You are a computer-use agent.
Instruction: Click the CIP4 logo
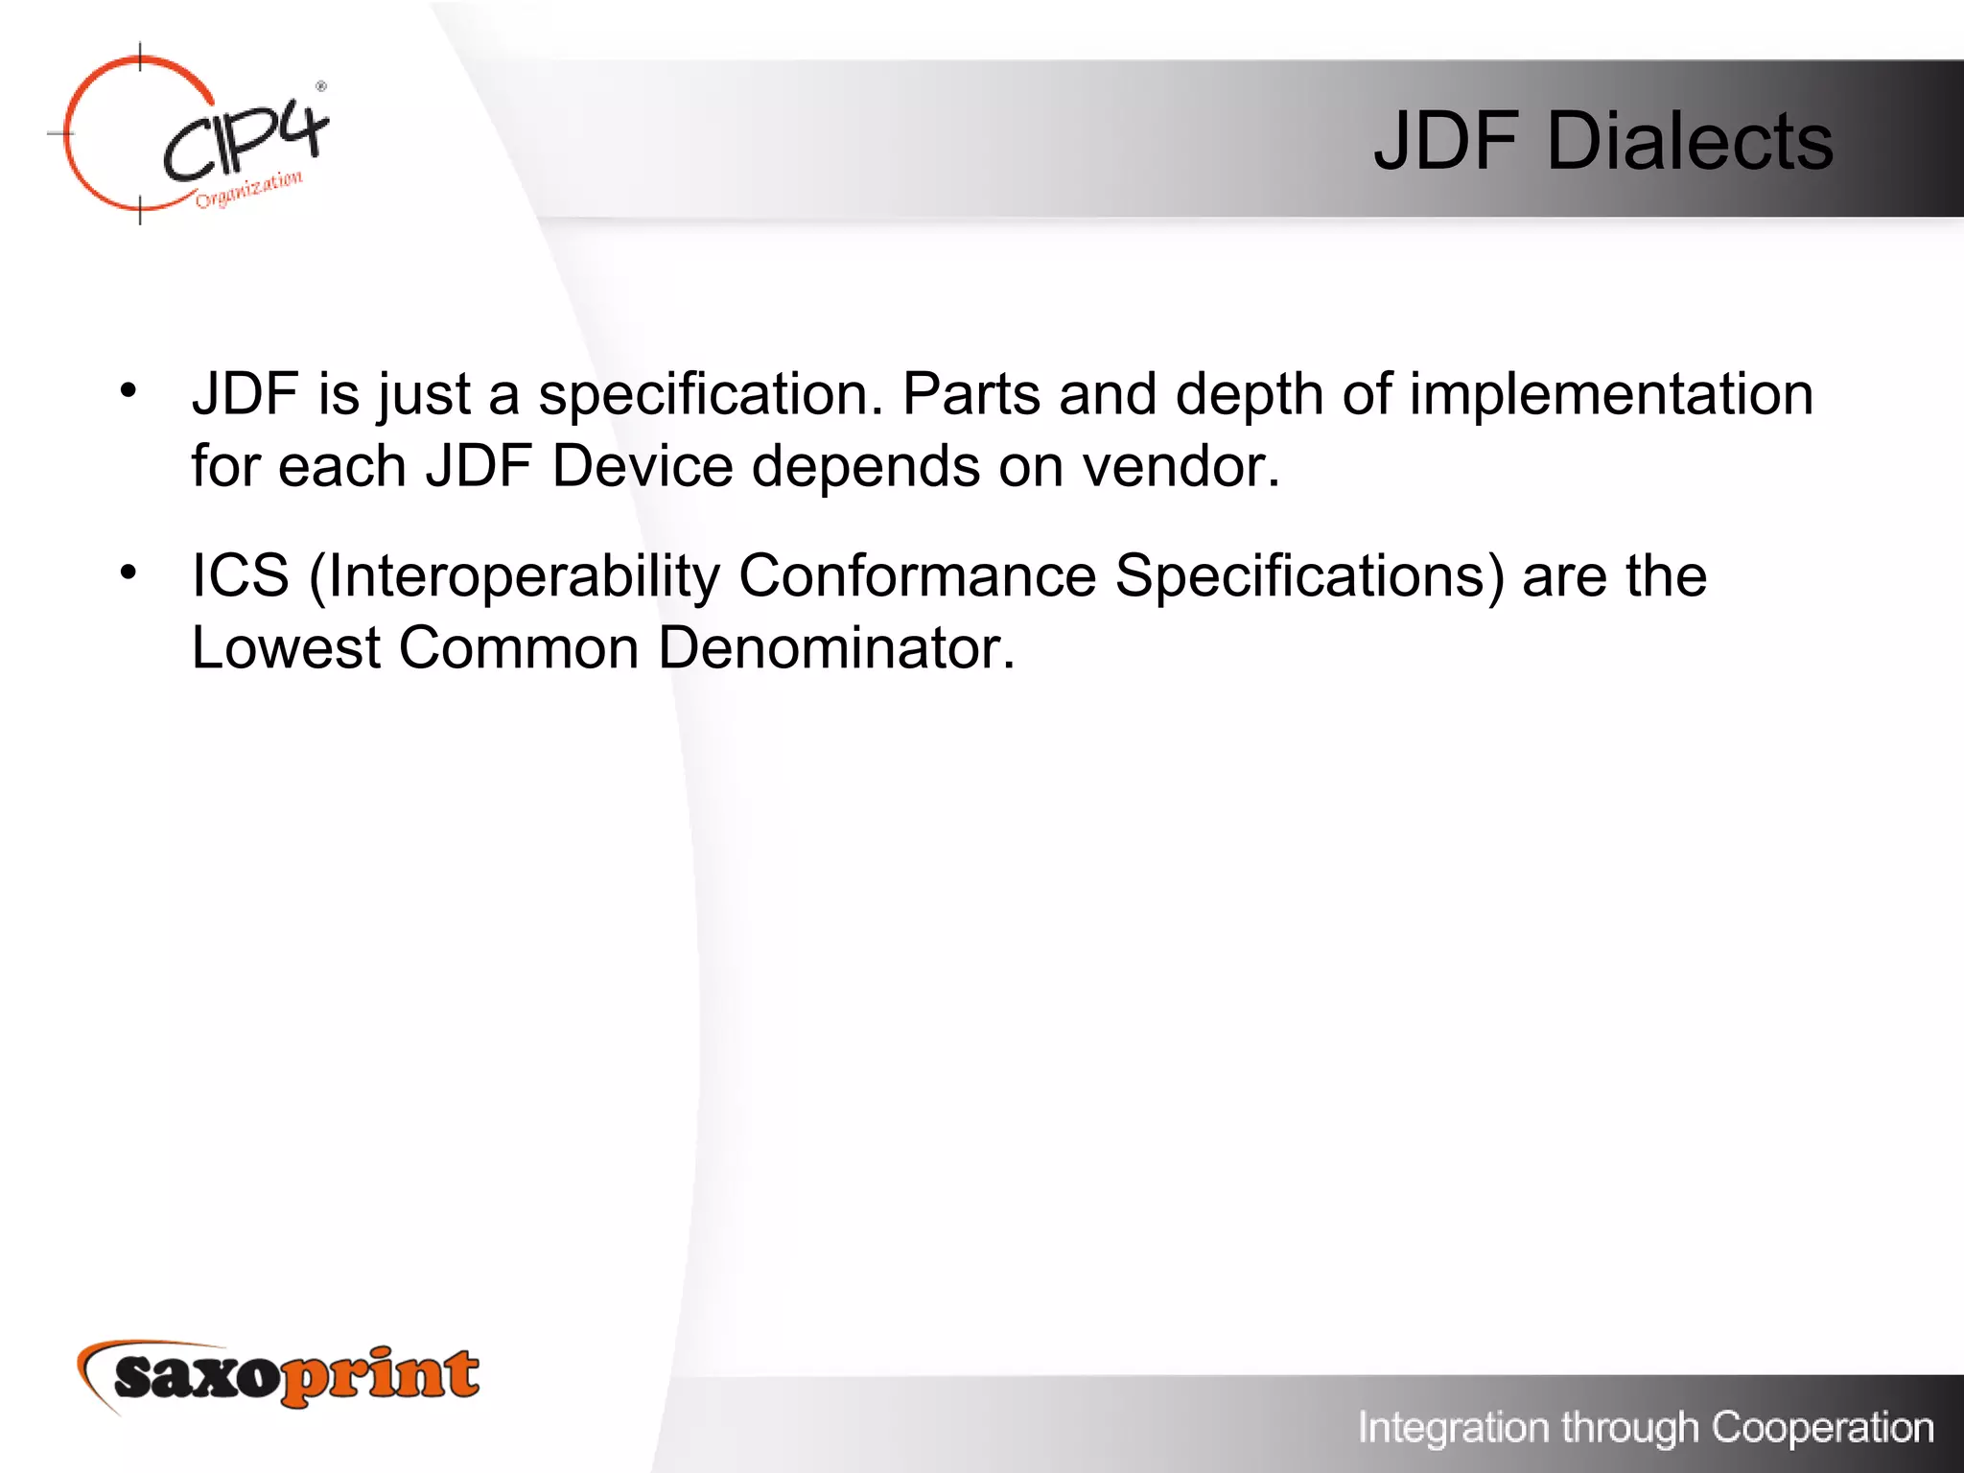[192, 134]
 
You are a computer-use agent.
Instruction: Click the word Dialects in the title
[1689, 142]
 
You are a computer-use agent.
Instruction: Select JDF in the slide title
[1445, 142]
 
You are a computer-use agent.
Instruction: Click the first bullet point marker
[129, 390]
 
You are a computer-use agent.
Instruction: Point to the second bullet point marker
[129, 573]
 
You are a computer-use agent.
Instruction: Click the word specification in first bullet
[710, 394]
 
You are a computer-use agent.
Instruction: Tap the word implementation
[1611, 394]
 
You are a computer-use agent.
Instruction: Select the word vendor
[1181, 467]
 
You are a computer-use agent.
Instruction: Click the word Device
[643, 467]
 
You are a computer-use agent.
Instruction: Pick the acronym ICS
[240, 576]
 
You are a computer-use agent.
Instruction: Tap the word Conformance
[917, 576]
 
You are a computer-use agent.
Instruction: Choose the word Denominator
[835, 648]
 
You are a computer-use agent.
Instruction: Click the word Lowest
[286, 648]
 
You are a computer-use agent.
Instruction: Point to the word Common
[519, 648]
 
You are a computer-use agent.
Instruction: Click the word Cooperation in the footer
[1822, 1428]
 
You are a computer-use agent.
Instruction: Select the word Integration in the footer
[1454, 1428]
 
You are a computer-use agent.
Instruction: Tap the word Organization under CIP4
[249, 189]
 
